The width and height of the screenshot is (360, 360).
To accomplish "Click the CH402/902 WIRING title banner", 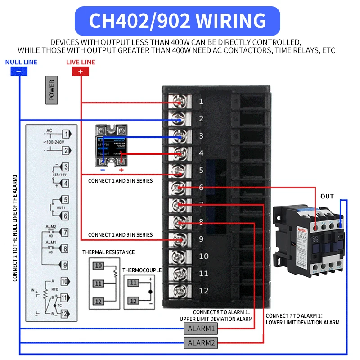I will (x=177, y=21).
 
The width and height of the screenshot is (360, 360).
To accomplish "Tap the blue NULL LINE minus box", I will (x=18, y=72).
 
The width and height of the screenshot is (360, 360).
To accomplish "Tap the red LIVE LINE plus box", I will (x=81, y=72).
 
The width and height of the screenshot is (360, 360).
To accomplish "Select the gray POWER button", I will (x=52, y=90).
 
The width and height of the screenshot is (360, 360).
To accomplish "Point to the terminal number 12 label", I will (x=203, y=290).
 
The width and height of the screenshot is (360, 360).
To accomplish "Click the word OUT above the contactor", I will (x=327, y=197).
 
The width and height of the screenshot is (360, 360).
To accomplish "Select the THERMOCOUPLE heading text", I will (x=142, y=270).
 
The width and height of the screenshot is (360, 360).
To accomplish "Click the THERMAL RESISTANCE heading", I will (x=108, y=252).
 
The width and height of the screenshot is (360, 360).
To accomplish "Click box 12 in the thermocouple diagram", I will (x=133, y=301).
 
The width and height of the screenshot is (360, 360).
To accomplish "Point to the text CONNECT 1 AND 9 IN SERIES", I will (x=120, y=235).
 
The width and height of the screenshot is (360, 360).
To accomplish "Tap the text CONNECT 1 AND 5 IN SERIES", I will (x=120, y=181).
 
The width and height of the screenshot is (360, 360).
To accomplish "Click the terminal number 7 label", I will (x=201, y=204).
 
